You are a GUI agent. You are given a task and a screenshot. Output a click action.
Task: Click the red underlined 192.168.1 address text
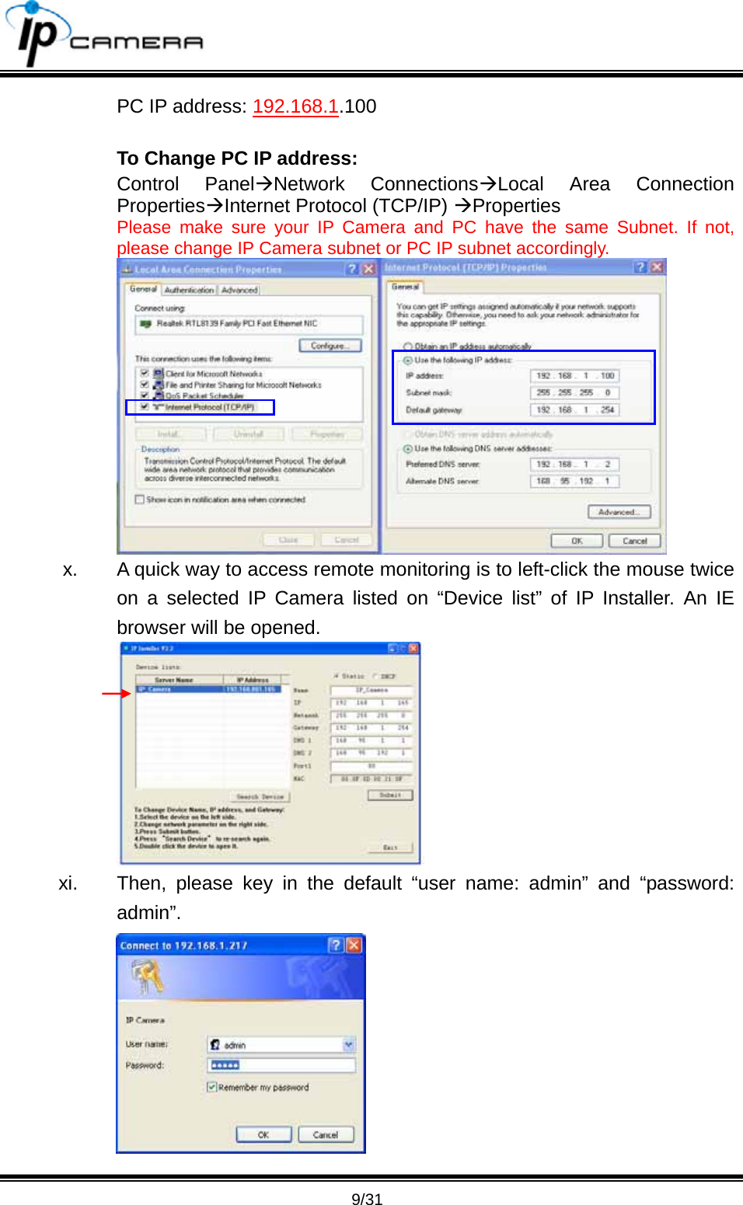(x=295, y=106)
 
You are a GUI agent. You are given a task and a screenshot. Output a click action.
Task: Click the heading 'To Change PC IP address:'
(x=237, y=158)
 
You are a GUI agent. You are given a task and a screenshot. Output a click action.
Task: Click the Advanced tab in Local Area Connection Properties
(x=239, y=290)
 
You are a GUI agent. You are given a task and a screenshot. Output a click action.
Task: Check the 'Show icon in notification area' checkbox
(x=140, y=500)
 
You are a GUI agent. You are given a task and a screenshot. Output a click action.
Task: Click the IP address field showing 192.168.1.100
(x=574, y=376)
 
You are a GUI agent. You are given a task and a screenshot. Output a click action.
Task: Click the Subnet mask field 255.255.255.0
(x=574, y=393)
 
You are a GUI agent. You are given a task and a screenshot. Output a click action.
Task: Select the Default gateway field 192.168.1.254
(x=574, y=410)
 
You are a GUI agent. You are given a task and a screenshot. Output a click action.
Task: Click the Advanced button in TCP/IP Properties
(x=619, y=512)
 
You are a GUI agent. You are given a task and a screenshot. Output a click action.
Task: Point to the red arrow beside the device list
(x=116, y=693)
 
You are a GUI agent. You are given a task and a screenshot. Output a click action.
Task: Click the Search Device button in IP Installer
(x=260, y=797)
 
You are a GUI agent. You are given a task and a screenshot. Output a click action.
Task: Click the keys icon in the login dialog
(x=147, y=976)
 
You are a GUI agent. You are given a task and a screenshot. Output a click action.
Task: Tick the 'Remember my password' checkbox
(x=212, y=1087)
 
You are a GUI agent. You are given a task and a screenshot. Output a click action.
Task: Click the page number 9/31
(x=367, y=1199)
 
